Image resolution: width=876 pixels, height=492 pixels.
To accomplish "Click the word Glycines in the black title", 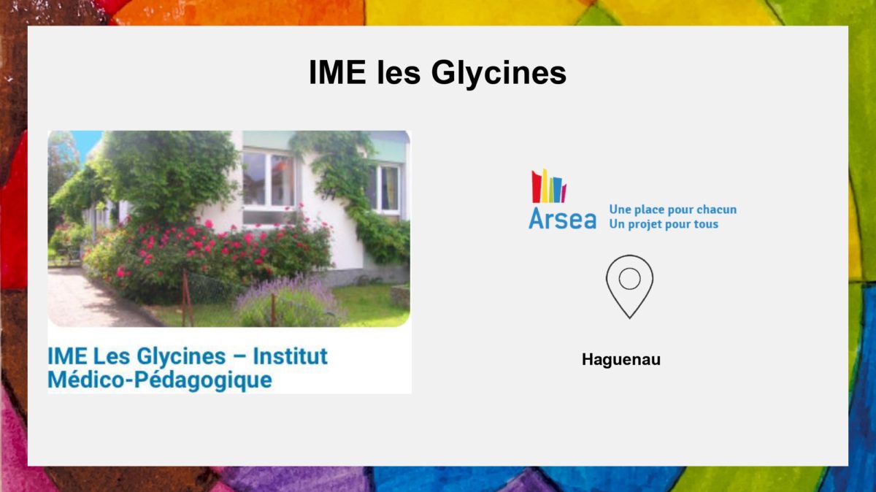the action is [499, 74].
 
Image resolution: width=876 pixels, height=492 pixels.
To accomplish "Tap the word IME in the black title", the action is [337, 72].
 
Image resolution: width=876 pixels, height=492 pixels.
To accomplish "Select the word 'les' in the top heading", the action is [399, 72].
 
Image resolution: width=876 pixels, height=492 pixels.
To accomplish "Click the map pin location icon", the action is [629, 287].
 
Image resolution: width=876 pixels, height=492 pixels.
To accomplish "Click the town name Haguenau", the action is [621, 359].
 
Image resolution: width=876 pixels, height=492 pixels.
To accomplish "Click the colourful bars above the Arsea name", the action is [549, 186].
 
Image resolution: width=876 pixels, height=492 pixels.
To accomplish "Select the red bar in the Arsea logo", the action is [537, 188].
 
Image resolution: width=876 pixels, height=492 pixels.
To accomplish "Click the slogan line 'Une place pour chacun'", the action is [672, 210].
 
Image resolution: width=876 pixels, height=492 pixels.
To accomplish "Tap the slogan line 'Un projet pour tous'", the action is [664, 224].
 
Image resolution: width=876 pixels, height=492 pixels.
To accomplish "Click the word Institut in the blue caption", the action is [291, 356].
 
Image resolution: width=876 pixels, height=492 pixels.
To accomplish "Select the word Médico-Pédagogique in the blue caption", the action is [160, 380].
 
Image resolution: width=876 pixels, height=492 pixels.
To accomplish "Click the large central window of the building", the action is [269, 179].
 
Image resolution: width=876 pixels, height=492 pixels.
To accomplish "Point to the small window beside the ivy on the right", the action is [385, 188].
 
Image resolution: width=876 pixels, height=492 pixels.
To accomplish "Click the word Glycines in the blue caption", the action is [181, 357].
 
